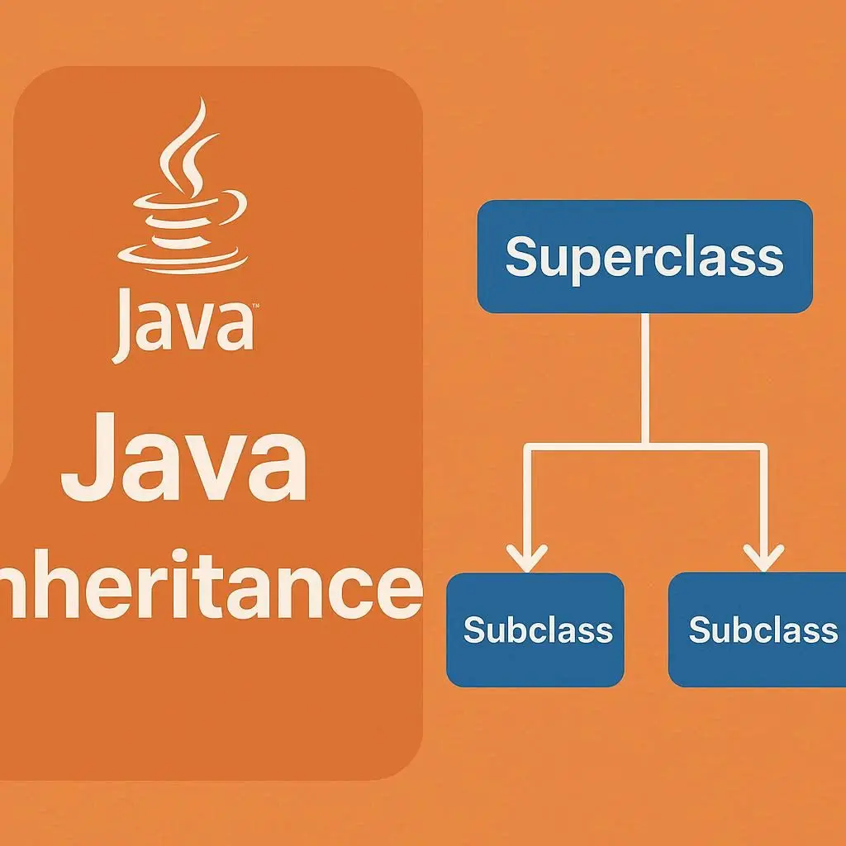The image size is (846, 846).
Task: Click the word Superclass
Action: [644, 257]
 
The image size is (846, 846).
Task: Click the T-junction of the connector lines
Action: [645, 447]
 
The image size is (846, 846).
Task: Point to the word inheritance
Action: [207, 582]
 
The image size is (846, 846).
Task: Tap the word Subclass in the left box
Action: [538, 630]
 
